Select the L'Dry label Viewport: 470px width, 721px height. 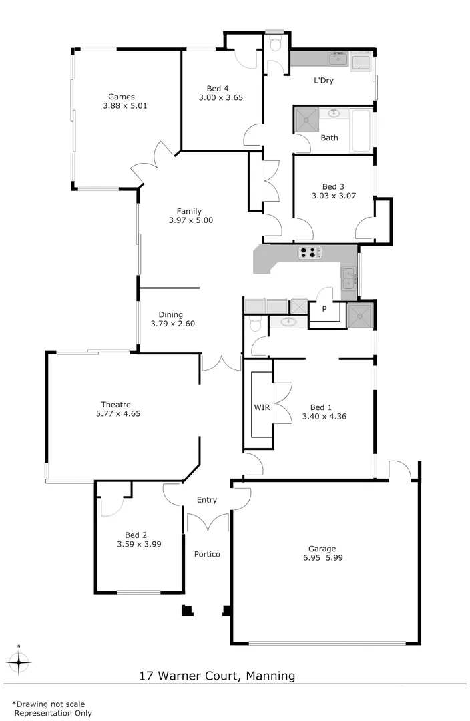point(324,81)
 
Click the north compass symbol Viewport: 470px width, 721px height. point(20,662)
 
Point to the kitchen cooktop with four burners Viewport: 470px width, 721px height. point(310,252)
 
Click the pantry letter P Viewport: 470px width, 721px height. point(324,309)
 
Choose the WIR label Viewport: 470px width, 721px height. point(262,407)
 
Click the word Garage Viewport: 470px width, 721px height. point(322,549)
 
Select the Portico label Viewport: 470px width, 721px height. point(207,554)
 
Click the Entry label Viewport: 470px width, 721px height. point(206,500)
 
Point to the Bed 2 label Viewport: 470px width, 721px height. point(136,535)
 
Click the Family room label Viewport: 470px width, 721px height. point(189,212)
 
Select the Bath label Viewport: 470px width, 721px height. point(329,138)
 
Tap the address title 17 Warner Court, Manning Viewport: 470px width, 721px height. point(217,676)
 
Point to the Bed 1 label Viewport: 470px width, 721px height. point(321,407)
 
